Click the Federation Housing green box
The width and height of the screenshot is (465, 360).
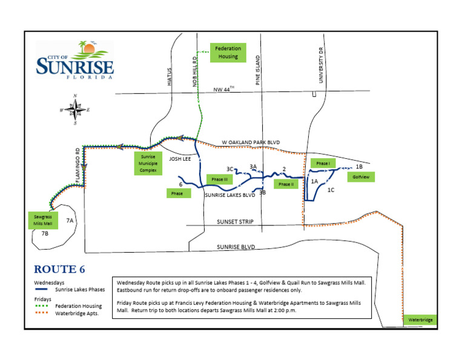point(228,53)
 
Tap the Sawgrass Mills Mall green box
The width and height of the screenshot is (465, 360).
point(43,219)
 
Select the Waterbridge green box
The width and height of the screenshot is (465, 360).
point(419,319)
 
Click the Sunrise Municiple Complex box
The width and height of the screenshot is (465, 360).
point(148,163)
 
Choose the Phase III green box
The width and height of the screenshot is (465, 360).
point(219,179)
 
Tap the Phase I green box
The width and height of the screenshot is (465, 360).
point(323,163)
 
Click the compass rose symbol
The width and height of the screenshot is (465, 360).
point(75,110)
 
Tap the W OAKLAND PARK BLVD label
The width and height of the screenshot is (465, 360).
point(251,142)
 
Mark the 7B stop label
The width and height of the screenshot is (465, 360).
point(45,233)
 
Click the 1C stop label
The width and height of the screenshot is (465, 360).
point(331,190)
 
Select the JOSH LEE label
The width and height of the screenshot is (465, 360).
point(179,159)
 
